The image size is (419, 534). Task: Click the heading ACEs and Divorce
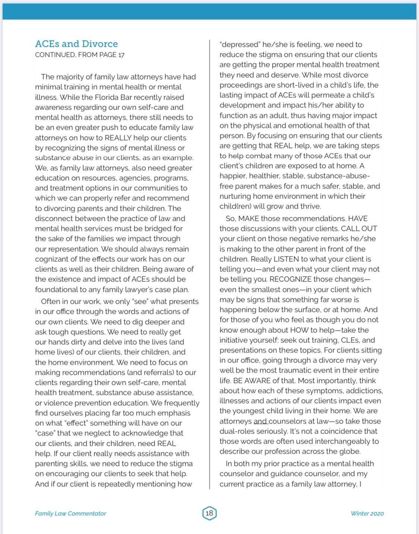coord(76,44)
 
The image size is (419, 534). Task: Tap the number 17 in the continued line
coord(121,55)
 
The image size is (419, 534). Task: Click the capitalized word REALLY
coord(118,138)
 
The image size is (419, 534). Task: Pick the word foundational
coord(58,289)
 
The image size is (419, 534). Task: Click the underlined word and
coord(260,421)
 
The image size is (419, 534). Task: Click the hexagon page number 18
coord(209,513)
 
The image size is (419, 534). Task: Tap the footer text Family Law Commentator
coord(70,514)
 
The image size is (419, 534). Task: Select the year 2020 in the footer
coord(377,514)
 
